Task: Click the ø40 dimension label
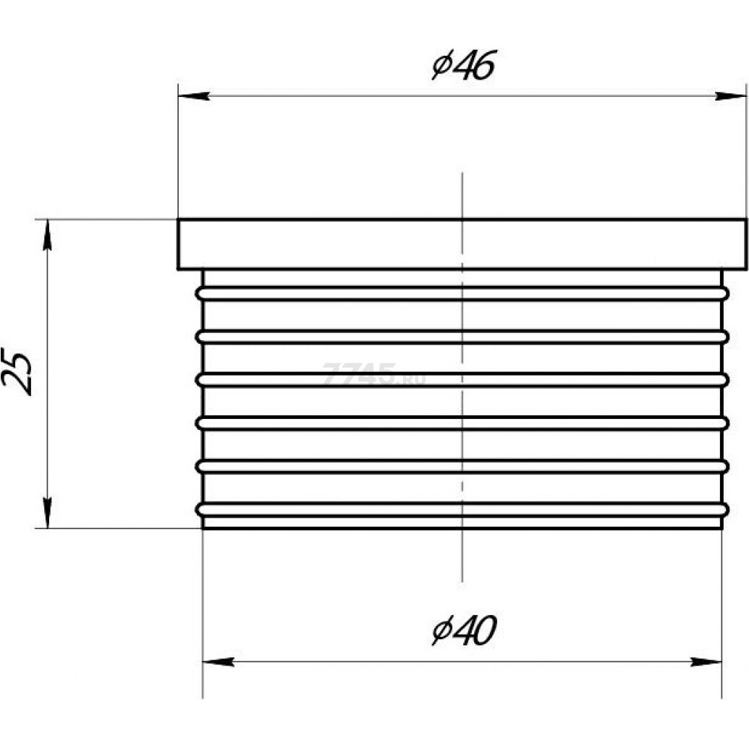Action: coord(463,631)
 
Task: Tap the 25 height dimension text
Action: coord(18,373)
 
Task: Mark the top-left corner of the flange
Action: coord(179,219)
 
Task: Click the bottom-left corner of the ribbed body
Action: coord(203,528)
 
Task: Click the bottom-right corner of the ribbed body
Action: coord(722,528)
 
